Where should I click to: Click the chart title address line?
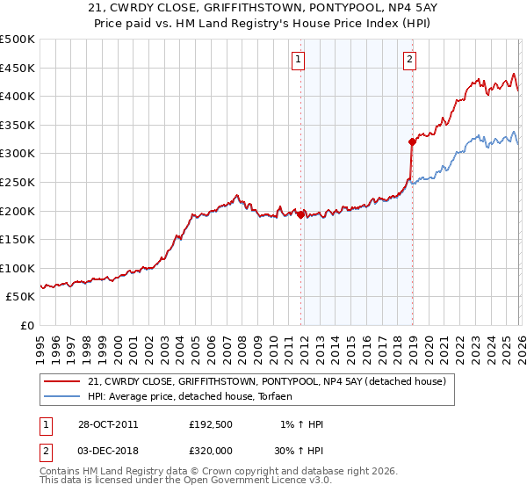tap(263, 9)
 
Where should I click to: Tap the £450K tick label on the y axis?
tap(18, 68)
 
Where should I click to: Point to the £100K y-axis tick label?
tap(18, 268)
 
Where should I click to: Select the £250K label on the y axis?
tap(18, 182)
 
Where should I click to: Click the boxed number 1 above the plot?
tap(299, 60)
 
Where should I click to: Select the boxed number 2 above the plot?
tap(410, 60)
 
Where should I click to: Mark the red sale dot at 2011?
tap(300, 214)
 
